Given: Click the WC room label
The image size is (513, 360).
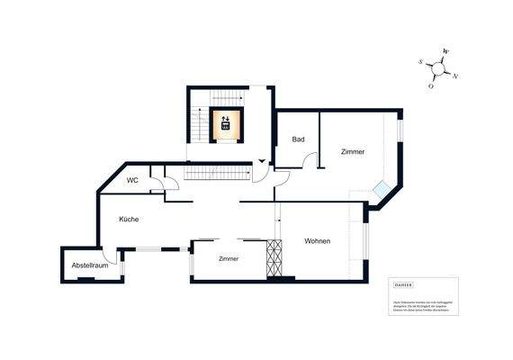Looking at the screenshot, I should click(132, 180).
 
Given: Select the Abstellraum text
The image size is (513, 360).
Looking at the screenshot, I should click(90, 265).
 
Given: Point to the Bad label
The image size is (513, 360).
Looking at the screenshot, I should click(298, 139).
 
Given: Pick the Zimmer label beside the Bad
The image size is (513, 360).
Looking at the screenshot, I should click(353, 152).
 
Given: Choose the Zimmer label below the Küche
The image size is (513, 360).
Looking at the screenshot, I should click(229, 259).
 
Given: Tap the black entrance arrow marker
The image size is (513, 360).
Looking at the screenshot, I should click(261, 160).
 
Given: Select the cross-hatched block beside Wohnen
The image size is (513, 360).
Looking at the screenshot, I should click(275, 258).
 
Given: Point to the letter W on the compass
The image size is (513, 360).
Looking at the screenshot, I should click(445, 52).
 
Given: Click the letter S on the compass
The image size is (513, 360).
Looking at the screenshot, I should click(421, 62).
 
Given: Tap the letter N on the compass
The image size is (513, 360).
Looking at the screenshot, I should click(454, 76).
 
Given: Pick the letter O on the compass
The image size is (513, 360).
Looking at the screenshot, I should click(431, 86).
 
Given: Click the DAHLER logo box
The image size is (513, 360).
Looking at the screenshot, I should click(401, 287).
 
